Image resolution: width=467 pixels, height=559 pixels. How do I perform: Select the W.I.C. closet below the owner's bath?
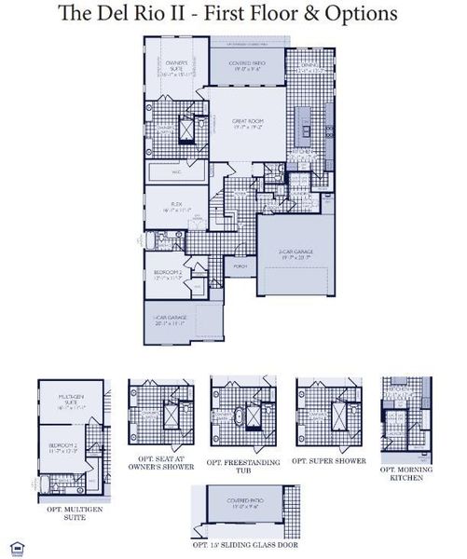[x=176, y=172]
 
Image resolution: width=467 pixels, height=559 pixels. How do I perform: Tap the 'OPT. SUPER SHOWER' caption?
[x=329, y=460]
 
